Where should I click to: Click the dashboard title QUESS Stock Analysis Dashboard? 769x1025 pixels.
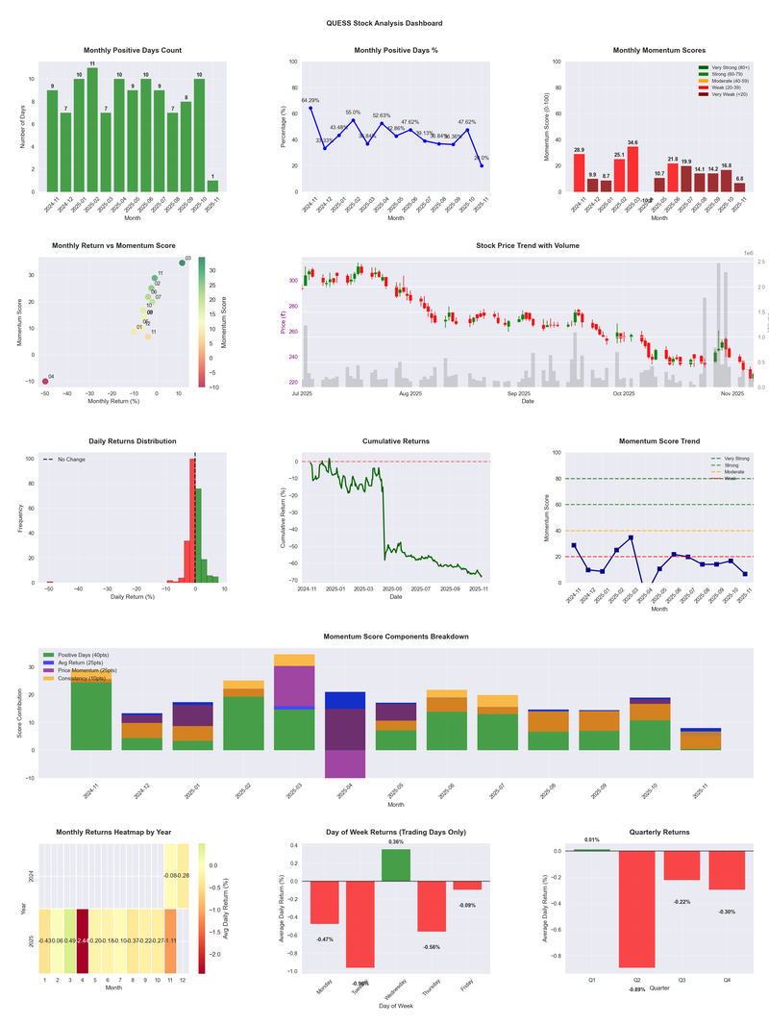[x=384, y=23]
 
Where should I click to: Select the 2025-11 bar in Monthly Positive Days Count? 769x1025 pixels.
[x=212, y=186]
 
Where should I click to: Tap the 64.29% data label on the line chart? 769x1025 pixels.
[x=310, y=100]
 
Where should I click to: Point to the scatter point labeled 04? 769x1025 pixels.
[x=45, y=382]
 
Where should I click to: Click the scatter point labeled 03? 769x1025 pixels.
[x=182, y=262]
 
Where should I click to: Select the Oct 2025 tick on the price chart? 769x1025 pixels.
[x=624, y=393]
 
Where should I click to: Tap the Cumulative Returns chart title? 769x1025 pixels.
[x=396, y=441]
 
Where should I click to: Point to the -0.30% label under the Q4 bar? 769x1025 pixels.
[x=726, y=912]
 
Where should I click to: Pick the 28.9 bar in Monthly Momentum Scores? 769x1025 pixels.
[x=579, y=173]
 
